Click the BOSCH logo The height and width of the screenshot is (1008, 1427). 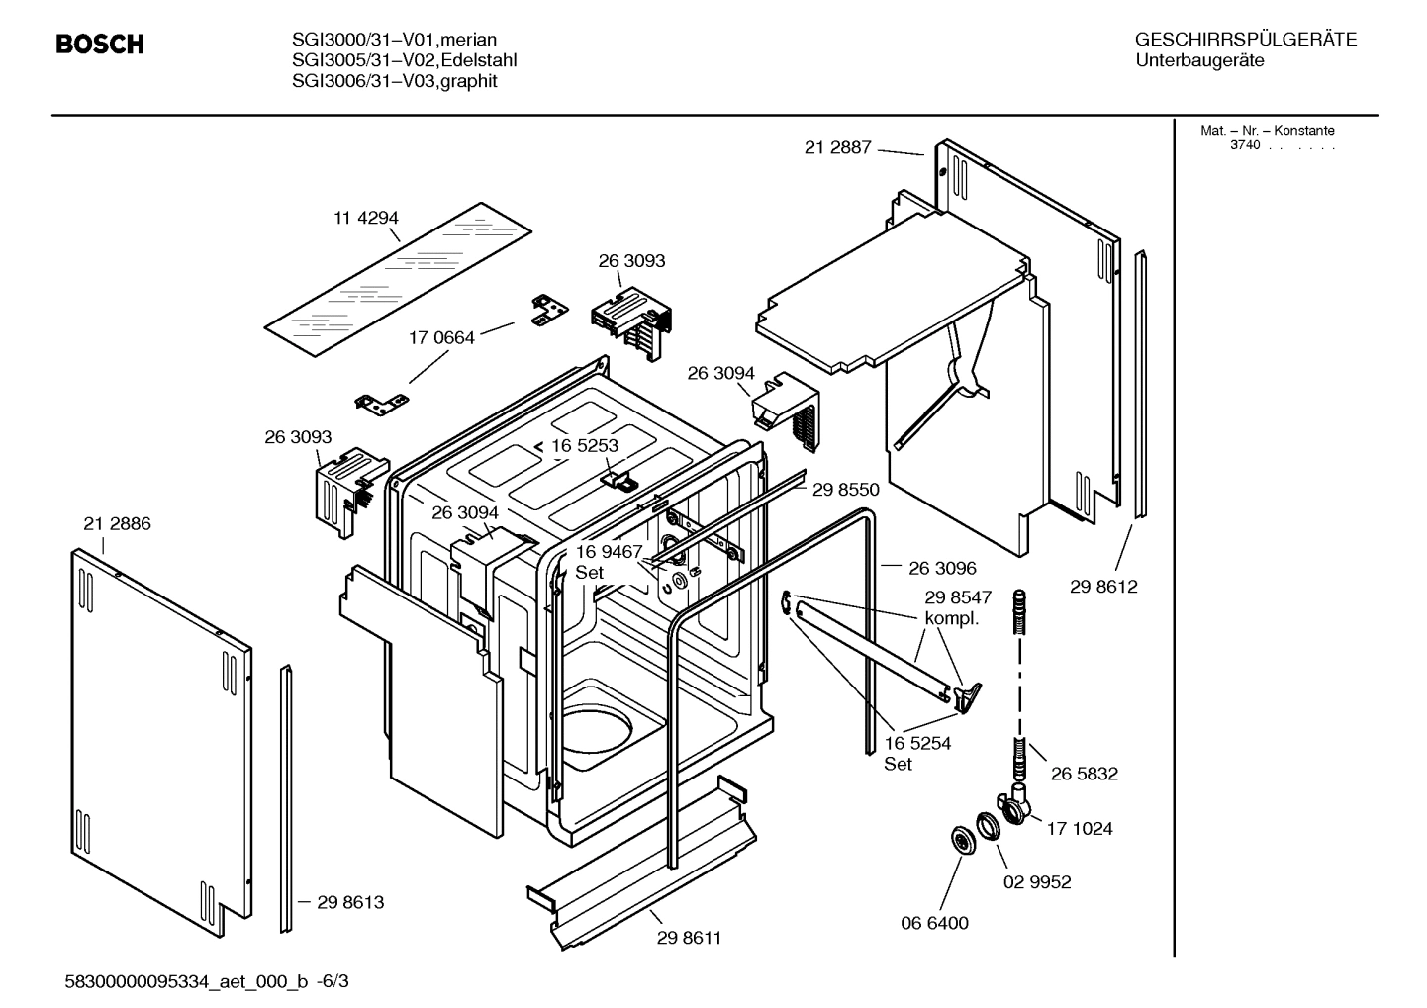[99, 45]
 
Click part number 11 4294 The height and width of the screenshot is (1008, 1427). [365, 218]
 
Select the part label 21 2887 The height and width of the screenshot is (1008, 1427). [837, 147]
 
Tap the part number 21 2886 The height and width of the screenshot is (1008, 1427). [117, 524]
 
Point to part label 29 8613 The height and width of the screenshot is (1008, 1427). [350, 902]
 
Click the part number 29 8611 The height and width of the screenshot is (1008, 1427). [689, 938]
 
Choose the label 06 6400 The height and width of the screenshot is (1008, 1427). [934, 923]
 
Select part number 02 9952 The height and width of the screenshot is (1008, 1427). [1037, 882]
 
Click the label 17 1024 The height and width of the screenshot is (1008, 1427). [1079, 829]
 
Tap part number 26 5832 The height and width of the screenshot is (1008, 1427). [1084, 774]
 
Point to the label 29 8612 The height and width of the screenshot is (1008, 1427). [1103, 587]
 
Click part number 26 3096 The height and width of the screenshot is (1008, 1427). [942, 568]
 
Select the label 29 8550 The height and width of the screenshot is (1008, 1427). [845, 489]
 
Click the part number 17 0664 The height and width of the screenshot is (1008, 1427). [441, 337]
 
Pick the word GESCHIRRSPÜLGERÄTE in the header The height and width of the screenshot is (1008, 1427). [1245, 41]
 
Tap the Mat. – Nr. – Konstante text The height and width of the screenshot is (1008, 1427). [1267, 131]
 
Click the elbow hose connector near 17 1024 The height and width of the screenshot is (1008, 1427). [1014, 805]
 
